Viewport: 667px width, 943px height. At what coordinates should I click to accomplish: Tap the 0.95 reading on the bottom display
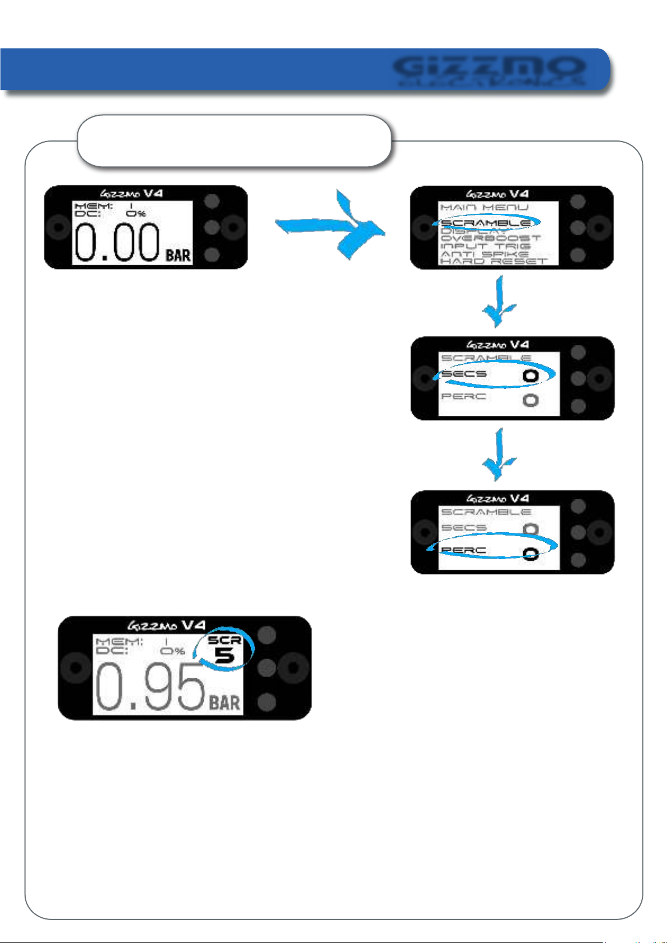point(150,690)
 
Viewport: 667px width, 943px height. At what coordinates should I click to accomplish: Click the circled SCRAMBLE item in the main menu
point(486,223)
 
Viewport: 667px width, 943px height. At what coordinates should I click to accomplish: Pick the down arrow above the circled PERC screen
point(499,455)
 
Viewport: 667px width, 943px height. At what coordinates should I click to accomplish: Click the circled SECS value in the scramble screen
point(530,376)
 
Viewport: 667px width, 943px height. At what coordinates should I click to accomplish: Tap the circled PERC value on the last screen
point(530,553)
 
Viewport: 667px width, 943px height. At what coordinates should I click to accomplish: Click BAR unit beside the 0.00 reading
point(178,256)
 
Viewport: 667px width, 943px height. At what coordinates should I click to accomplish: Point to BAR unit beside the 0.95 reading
point(224,702)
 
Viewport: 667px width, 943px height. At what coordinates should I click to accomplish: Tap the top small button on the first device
point(212,201)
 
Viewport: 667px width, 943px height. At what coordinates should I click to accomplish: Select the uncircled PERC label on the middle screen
point(464,396)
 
